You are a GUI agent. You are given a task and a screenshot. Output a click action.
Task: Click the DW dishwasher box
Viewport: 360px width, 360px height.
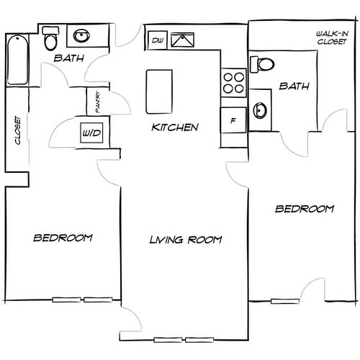point(157,40)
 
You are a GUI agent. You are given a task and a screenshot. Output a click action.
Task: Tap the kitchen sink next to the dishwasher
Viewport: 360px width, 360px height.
point(182,40)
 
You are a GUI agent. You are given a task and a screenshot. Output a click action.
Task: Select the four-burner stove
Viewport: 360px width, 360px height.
point(233,83)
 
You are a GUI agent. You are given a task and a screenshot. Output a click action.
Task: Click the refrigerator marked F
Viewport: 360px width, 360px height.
point(233,120)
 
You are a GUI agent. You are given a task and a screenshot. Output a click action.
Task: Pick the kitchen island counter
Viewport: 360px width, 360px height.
point(159,91)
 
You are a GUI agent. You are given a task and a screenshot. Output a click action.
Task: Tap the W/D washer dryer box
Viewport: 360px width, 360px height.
point(91,132)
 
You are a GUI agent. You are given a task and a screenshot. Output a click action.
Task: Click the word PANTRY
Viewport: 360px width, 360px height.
point(98,102)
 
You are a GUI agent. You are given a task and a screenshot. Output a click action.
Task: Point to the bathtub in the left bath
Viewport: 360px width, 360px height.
point(17,60)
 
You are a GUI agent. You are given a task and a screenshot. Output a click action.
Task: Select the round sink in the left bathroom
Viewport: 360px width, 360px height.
point(81,36)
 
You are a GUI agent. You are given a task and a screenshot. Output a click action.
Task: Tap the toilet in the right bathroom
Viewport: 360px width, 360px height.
point(262,64)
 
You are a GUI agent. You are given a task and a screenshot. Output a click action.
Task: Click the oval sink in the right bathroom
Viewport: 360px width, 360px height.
point(260,110)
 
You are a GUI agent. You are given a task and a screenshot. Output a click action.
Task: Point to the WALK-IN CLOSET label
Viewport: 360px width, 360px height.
point(332,37)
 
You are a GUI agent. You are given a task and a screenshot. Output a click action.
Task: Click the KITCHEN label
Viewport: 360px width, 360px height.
point(175,127)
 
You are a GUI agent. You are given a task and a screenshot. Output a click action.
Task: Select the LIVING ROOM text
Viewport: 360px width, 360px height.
point(186,240)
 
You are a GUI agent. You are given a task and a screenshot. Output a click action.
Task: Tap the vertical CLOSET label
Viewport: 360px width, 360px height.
point(18,130)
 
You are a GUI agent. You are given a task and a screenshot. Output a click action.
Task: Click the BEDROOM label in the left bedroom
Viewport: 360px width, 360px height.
point(63,238)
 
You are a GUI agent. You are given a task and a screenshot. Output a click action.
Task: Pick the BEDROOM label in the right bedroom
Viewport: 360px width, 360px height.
point(305,209)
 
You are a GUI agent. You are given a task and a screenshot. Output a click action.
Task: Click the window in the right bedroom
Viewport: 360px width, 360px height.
point(285,301)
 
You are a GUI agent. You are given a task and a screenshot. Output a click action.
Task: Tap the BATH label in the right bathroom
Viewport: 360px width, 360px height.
point(294,86)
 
